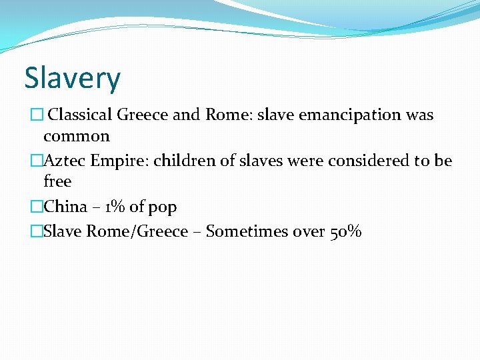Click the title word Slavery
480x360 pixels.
click(73, 79)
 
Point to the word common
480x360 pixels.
click(77, 136)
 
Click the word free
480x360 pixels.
click(57, 181)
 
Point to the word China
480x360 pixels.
click(65, 207)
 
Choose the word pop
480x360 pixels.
click(163, 207)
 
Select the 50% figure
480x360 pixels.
click(346, 231)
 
